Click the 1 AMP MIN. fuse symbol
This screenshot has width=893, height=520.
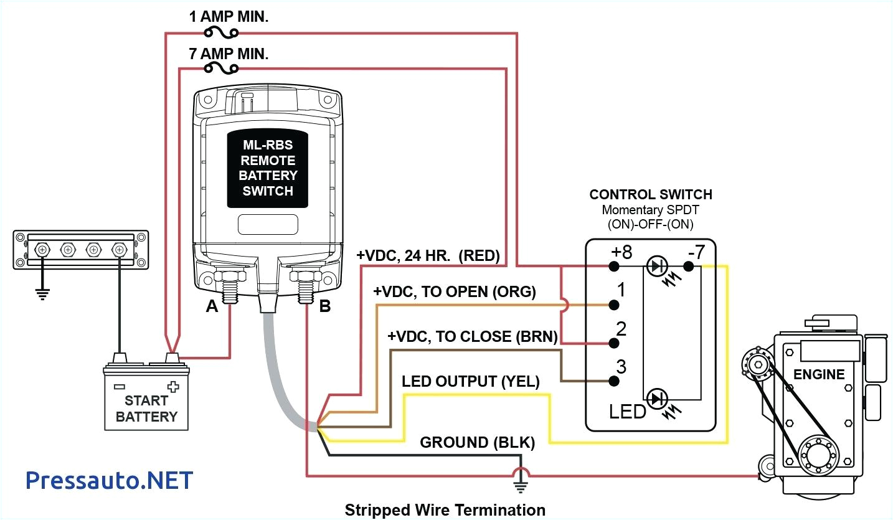[x=220, y=32]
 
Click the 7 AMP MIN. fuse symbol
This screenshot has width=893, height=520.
[x=220, y=69]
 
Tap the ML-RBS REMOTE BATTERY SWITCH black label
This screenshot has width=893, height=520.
[x=268, y=168]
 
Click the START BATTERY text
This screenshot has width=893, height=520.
[x=146, y=409]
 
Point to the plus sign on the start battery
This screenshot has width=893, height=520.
[x=181, y=386]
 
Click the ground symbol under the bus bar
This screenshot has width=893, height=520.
[x=42, y=293]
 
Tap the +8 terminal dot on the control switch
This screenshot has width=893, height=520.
[x=614, y=267]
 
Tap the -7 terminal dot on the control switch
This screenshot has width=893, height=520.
[x=689, y=267]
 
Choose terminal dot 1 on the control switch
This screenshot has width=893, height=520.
[x=614, y=305]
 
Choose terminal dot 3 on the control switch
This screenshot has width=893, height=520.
[x=614, y=381]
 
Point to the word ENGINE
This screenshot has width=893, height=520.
[x=819, y=374]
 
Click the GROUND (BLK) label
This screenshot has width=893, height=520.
[x=477, y=443]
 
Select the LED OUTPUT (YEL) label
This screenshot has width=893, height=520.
[x=470, y=381]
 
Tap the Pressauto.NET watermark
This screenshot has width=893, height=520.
[x=110, y=480]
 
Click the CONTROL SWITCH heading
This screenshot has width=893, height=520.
[x=651, y=194]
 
